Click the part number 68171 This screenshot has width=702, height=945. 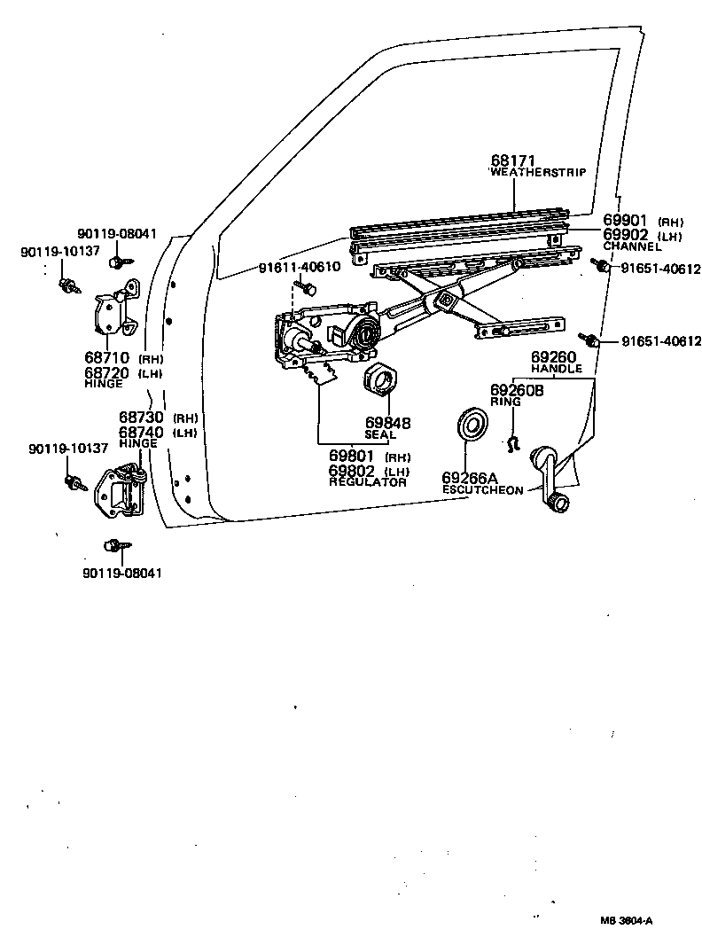click(511, 160)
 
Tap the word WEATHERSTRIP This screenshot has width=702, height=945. click(538, 173)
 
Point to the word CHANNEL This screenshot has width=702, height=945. click(632, 246)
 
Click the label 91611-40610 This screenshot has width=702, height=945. click(299, 268)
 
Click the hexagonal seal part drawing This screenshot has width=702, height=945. click(381, 381)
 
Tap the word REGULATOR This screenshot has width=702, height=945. click(368, 482)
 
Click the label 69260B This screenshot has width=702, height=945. click(518, 390)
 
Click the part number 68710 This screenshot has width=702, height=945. click(107, 358)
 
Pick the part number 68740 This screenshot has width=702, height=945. click(142, 432)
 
